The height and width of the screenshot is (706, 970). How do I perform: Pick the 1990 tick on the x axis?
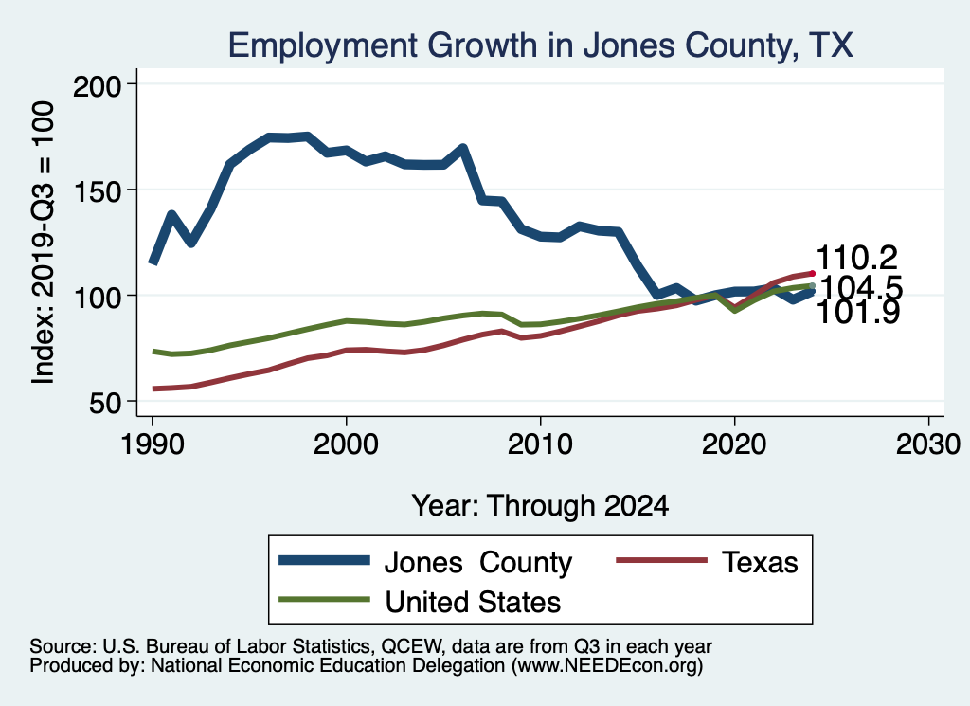(152, 444)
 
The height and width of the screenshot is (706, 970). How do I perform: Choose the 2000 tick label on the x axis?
(346, 444)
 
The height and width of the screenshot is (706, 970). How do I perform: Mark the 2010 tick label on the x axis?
(540, 444)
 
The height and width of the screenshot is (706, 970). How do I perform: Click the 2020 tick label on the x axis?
(734, 444)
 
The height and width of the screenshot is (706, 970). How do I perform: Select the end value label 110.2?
(857, 258)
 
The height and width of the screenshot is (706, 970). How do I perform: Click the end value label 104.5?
(860, 287)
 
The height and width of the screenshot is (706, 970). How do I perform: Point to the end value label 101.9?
(857, 313)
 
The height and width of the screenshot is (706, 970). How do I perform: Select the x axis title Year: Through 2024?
(540, 505)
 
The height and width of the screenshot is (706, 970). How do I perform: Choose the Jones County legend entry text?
(477, 563)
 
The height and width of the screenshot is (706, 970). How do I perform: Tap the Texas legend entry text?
(761, 563)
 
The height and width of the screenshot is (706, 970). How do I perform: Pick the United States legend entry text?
(473, 602)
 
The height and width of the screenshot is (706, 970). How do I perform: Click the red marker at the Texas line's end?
(812, 273)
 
